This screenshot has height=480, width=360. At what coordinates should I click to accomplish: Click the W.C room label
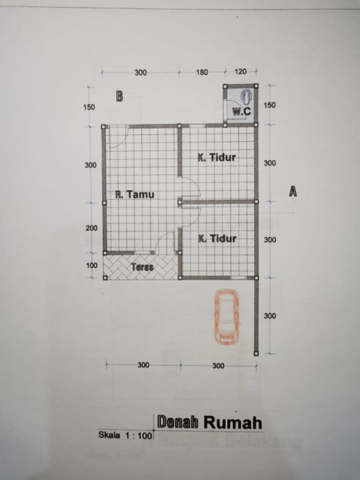point(241,111)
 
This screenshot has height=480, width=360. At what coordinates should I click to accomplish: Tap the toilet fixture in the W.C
point(247,97)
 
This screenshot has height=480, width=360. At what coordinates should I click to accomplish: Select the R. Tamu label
point(135,194)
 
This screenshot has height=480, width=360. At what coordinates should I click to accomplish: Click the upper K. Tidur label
point(217,158)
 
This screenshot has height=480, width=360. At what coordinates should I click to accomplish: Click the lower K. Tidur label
point(217,238)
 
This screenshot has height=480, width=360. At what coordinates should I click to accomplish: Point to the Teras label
point(143,267)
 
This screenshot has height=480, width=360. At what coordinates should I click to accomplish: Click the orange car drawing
point(227,317)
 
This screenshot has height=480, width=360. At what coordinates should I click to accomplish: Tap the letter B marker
point(120,96)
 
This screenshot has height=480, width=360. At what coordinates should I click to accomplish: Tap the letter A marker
point(293,191)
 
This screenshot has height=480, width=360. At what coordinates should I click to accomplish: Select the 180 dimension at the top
point(202,72)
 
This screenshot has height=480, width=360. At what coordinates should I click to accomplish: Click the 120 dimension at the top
point(240,72)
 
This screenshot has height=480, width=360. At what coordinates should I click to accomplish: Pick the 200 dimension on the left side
point(91,228)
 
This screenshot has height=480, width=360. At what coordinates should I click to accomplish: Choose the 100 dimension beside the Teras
point(91,266)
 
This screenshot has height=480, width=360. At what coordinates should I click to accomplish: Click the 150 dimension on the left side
point(89,107)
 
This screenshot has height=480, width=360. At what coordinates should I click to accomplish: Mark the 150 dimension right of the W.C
point(269,105)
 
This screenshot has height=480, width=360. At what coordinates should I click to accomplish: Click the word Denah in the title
point(178,422)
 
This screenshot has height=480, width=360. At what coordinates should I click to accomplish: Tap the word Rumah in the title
point(233,422)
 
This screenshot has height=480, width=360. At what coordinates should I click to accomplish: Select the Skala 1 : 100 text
point(125,435)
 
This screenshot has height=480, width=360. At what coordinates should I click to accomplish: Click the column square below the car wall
point(256,353)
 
